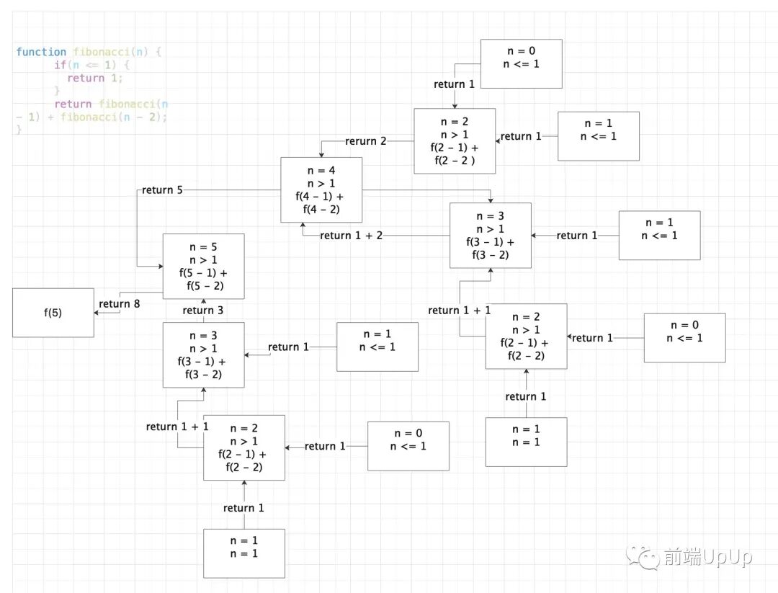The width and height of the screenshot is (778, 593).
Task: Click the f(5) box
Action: tap(53, 313)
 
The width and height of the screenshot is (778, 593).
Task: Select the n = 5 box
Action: tap(203, 266)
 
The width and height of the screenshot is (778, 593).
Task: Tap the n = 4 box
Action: tap(321, 190)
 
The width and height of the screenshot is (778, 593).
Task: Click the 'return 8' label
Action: tap(120, 304)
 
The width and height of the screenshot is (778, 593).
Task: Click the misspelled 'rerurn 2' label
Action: tap(366, 141)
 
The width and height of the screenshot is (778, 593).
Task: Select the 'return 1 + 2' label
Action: tap(352, 236)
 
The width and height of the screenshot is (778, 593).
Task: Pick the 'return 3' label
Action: tap(203, 311)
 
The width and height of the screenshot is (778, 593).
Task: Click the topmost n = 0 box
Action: tap(521, 63)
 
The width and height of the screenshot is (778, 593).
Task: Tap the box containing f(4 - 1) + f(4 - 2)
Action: tap(321, 190)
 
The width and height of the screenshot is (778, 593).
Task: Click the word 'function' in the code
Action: tap(42, 52)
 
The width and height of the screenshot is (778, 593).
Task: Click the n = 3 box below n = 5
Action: tap(203, 355)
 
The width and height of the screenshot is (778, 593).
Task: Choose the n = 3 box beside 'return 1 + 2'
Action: tap(490, 235)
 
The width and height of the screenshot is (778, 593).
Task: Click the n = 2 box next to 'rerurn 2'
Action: tap(455, 141)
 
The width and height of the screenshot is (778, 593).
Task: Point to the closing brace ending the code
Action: tap(19, 130)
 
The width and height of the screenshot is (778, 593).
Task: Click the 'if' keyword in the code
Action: tap(60, 65)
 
